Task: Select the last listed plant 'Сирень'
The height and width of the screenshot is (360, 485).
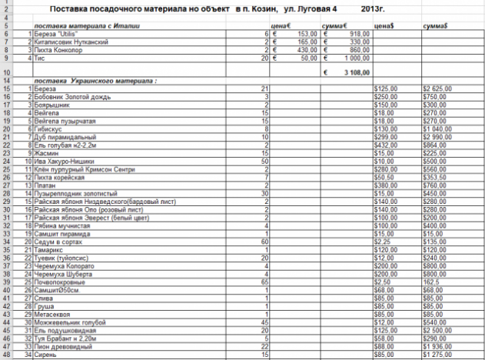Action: click(44, 355)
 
